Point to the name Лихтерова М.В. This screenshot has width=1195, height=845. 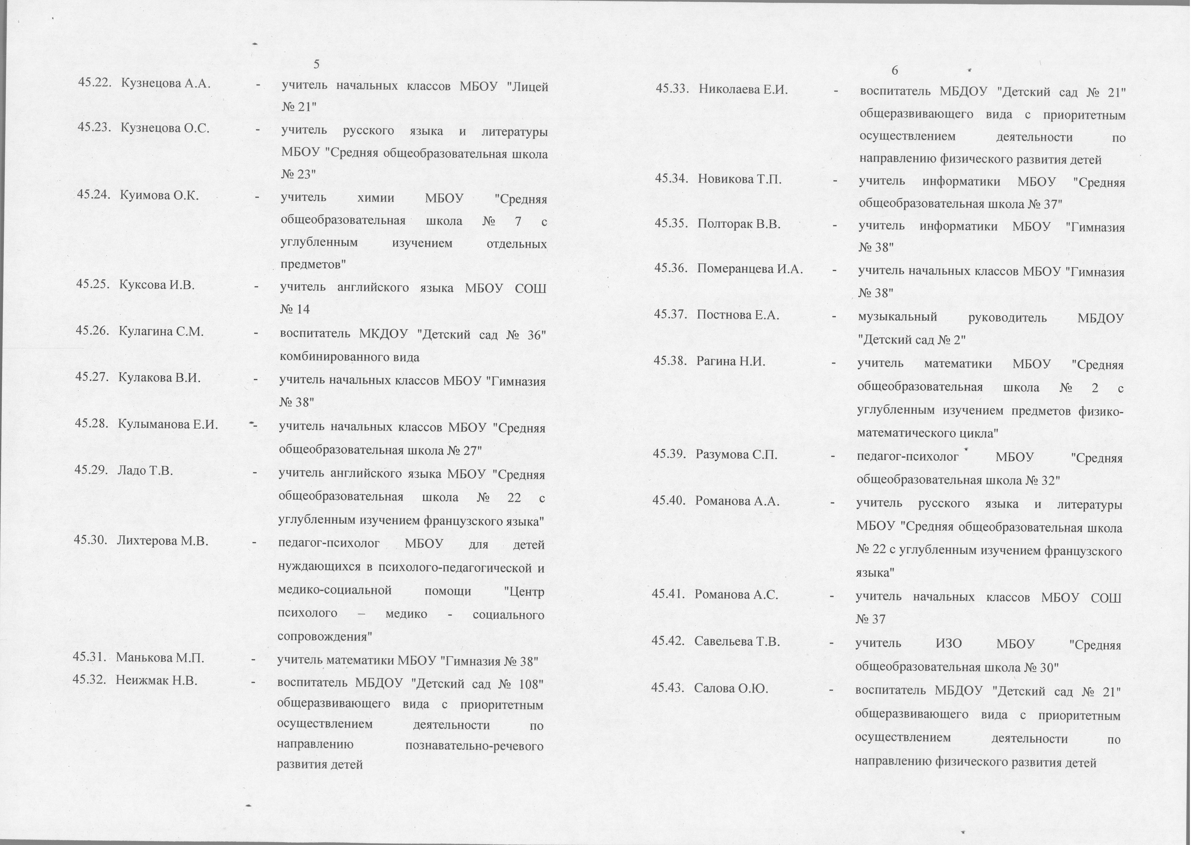(163, 541)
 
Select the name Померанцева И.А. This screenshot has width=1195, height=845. (750, 269)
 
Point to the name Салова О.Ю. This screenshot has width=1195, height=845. (731, 688)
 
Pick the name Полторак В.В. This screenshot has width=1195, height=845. (739, 224)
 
